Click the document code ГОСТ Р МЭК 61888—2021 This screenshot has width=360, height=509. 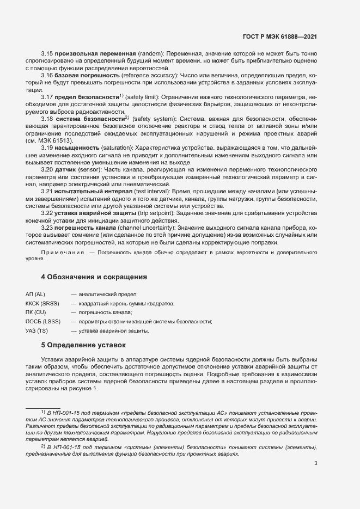[x=279, y=36]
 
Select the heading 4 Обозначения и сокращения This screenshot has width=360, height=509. [x=94, y=277]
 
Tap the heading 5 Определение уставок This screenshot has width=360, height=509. [x=83, y=345]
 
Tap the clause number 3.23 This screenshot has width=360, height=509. [x=47, y=227]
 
